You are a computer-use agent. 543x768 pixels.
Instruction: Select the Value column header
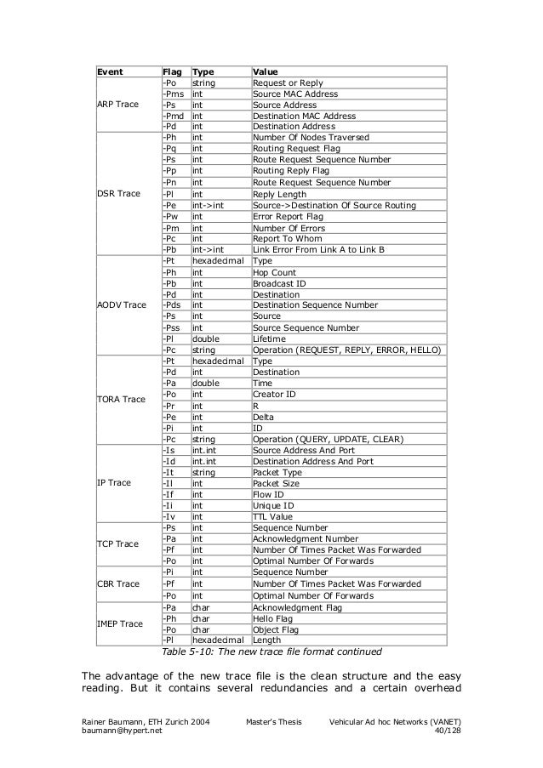(267, 72)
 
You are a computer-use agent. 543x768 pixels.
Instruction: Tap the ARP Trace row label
(117, 105)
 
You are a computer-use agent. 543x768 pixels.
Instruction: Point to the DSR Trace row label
(117, 193)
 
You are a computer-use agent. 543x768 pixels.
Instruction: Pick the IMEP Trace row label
(119, 624)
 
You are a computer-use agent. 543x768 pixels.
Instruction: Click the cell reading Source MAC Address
(294, 94)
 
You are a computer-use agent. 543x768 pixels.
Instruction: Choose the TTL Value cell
(272, 515)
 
